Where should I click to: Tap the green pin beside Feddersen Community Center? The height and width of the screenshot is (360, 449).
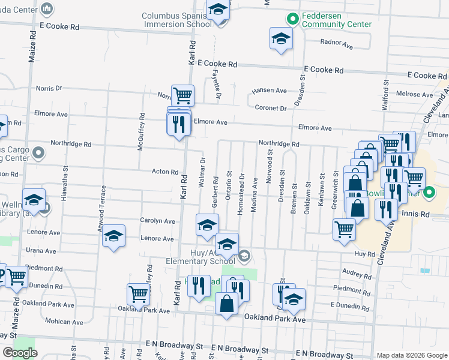[x=292, y=19]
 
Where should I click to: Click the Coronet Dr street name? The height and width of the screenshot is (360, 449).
[x=270, y=108]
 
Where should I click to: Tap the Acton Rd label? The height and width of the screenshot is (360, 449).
[x=165, y=172]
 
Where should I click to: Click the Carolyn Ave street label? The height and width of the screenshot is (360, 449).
[x=157, y=221]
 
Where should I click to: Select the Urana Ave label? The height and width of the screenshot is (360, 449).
[x=41, y=251]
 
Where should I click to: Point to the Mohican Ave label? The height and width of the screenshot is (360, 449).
[x=55, y=322]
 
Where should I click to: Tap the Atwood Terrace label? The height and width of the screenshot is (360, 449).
[x=103, y=203]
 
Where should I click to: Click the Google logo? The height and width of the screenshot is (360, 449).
[x=20, y=353]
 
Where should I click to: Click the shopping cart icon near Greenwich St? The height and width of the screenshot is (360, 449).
[x=344, y=229]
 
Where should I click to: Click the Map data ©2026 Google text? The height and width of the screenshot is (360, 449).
[x=411, y=355]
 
